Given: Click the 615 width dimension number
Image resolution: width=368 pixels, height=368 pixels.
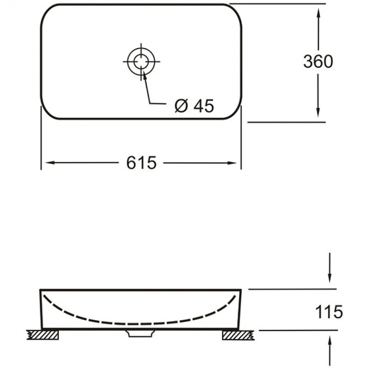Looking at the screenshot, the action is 142,163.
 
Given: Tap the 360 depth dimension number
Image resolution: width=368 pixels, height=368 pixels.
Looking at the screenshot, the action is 318,61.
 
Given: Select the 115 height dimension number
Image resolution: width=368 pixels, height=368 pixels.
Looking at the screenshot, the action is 329,312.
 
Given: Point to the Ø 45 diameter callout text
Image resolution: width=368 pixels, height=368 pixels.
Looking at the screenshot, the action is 194,106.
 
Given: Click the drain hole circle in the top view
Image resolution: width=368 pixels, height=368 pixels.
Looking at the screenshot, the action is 142,62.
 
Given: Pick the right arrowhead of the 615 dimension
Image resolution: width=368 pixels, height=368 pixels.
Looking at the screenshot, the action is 232,163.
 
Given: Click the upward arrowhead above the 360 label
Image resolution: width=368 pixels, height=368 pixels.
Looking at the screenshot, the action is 318,13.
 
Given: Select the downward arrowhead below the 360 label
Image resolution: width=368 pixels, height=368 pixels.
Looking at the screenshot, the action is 318,112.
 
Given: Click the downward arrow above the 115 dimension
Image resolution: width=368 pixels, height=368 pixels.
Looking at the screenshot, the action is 329,268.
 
